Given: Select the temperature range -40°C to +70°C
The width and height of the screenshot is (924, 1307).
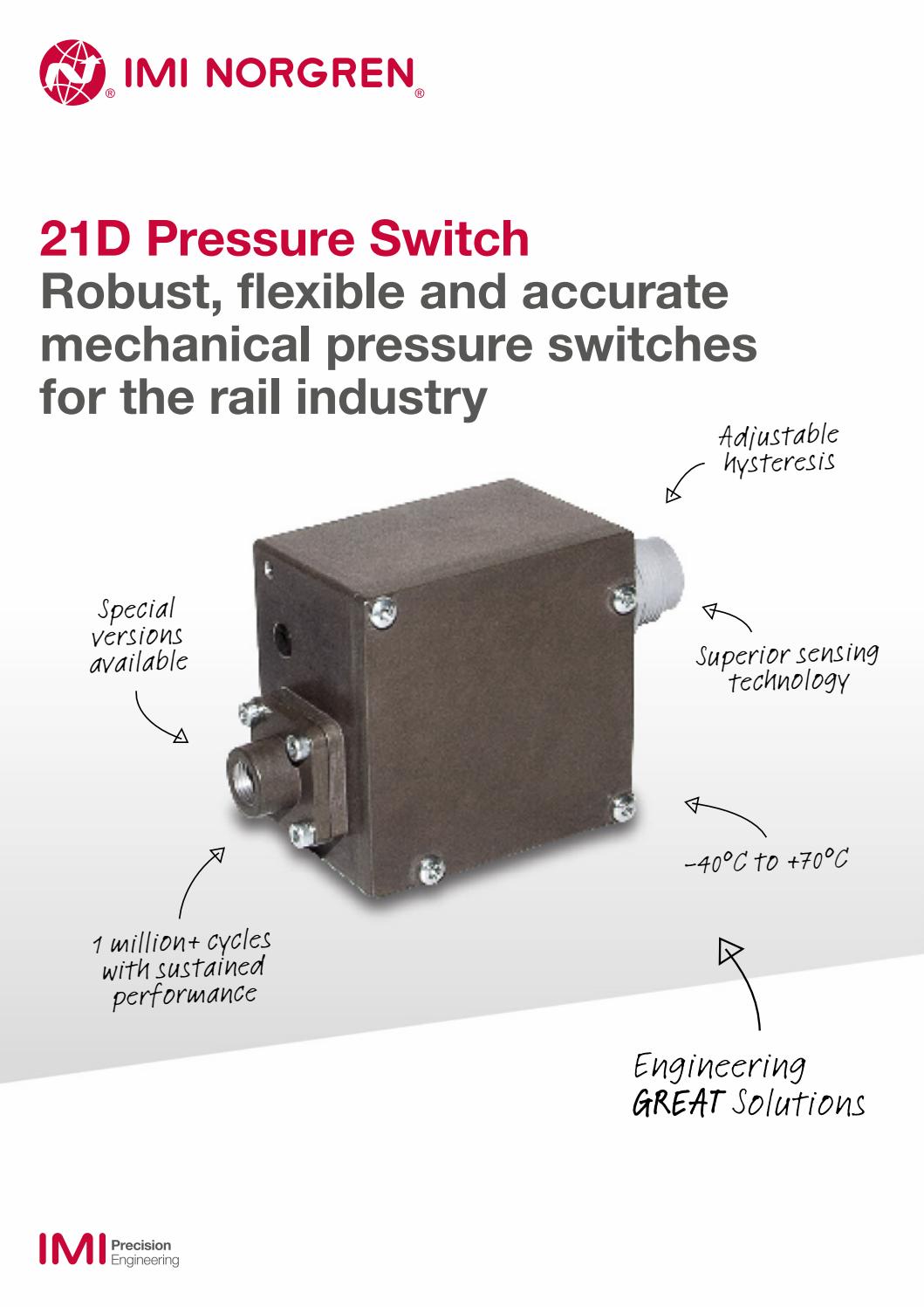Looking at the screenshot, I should (x=766, y=862).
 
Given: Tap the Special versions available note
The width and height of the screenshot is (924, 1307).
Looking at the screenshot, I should (x=138, y=636).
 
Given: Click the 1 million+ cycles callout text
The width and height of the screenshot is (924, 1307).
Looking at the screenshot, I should (x=182, y=968).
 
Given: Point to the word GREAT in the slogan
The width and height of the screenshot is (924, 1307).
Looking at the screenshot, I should (x=677, y=1103).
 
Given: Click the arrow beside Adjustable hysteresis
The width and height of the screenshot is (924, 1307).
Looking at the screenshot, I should (x=684, y=482).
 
